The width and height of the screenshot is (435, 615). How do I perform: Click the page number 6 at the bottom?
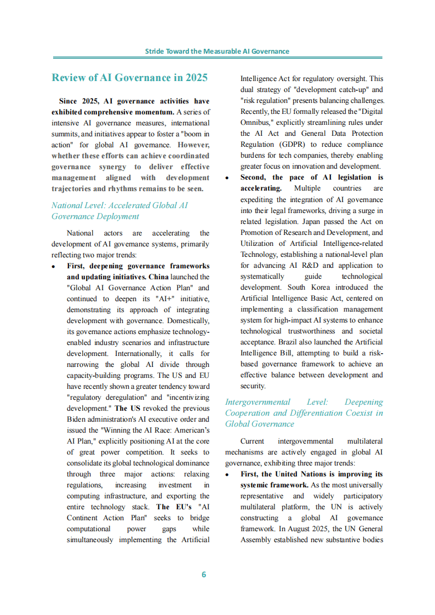coord(204,574)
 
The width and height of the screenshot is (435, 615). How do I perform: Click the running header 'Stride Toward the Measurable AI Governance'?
coord(217,51)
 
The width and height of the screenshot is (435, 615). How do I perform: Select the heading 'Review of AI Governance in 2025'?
coord(129,77)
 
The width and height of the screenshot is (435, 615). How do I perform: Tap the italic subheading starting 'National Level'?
coord(119,210)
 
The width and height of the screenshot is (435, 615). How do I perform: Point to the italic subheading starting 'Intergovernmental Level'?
coord(304,413)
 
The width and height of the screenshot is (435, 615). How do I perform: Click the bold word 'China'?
coord(159,277)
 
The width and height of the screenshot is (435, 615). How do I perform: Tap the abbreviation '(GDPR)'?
coord(290,145)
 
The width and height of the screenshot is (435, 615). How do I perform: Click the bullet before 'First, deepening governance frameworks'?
coord(54,266)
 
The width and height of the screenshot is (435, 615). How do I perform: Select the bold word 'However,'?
coord(193,145)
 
